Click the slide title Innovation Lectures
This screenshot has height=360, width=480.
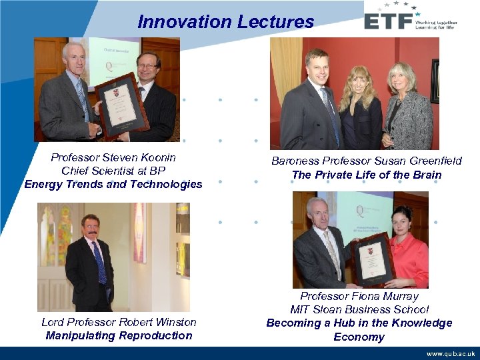coord(225,21)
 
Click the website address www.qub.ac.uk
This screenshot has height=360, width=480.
coord(451,354)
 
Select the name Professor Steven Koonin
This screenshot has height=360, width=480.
coord(113,157)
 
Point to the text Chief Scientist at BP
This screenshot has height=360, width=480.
coord(113,171)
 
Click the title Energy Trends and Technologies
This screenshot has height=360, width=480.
coord(113,184)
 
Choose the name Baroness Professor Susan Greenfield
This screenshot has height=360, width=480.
coord(366,161)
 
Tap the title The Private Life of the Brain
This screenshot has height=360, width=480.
coord(366,175)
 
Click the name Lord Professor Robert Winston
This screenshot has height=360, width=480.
coord(119,322)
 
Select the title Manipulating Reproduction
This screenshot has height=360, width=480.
coord(119,335)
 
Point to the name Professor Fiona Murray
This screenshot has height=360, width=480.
coord(359,296)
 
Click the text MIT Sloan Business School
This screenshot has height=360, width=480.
coord(359,309)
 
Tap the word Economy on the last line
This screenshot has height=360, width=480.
coord(359,337)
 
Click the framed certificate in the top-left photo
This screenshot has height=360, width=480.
coord(122,103)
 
